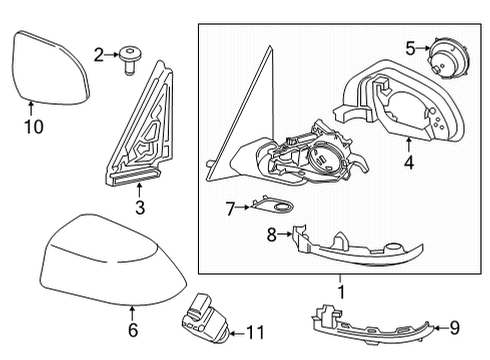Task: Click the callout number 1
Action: pyautogui.click(x=340, y=292)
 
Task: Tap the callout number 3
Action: pyautogui.click(x=139, y=207)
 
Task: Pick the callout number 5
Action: pyautogui.click(x=411, y=46)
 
